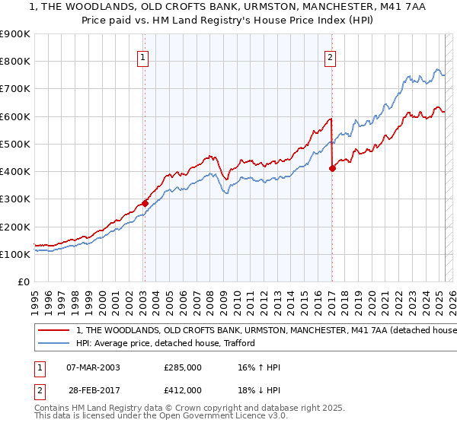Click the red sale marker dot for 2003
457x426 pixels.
[144, 203]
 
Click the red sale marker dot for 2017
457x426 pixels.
[332, 168]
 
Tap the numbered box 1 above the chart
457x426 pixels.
[144, 55]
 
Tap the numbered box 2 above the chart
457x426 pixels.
[331, 55]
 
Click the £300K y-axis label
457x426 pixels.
[14, 199]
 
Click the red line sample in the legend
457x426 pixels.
[53, 330]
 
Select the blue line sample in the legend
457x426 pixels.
[53, 343]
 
